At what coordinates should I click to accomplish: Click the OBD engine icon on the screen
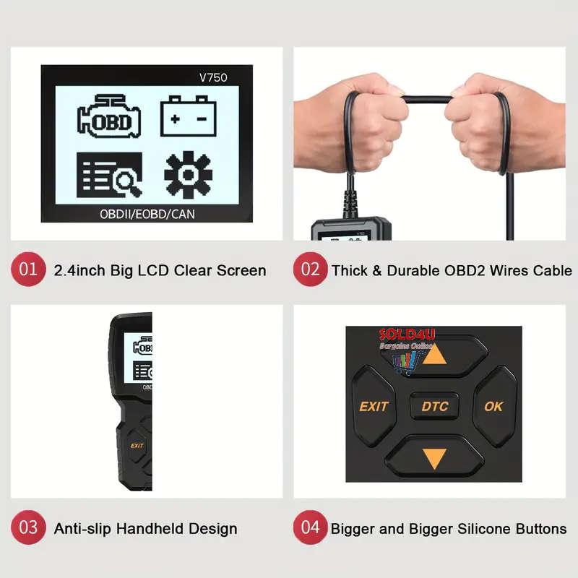tap(108, 117)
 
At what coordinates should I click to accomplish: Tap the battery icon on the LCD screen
tap(188, 116)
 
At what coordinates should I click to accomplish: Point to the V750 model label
tap(213, 77)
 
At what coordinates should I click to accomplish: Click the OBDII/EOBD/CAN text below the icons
tap(147, 214)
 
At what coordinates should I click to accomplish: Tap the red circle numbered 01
tap(28, 269)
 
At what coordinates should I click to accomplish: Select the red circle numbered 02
tap(310, 269)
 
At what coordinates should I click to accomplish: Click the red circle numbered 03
tap(28, 527)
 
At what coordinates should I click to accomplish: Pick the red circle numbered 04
tap(310, 527)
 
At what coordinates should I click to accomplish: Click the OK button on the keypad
tap(494, 406)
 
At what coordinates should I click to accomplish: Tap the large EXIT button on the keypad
tap(373, 406)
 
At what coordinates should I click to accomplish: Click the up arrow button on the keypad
tap(433, 354)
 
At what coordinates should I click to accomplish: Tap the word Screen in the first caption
tap(241, 271)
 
